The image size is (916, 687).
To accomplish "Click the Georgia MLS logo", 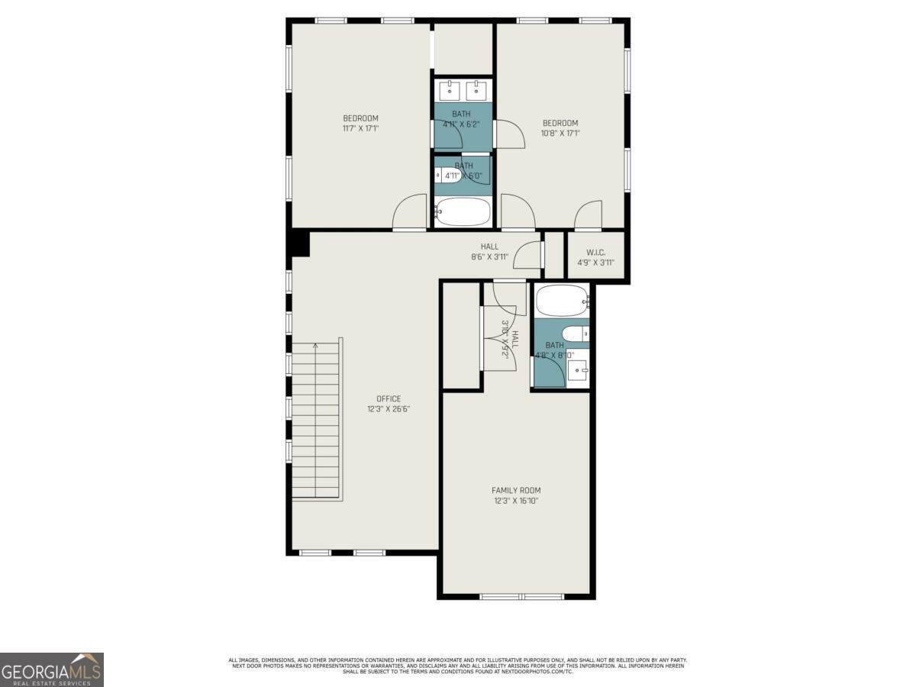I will tap(51, 669).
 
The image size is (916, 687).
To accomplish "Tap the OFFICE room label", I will tap(388, 398).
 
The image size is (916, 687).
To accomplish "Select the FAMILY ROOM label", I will tap(517, 490).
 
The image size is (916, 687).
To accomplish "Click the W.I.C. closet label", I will tap(596, 252).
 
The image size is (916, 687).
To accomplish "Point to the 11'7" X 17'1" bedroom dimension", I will tap(360, 128).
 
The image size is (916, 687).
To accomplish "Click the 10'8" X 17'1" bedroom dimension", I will tap(560, 133).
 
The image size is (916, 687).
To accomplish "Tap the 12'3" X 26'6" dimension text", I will tap(388, 409).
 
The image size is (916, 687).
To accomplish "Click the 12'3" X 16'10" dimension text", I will tap(517, 501).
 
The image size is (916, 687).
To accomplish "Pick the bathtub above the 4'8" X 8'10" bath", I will tap(561, 301).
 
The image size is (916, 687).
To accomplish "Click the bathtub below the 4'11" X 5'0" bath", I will tap(463, 212).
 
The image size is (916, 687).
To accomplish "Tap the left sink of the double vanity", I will tap(450, 89).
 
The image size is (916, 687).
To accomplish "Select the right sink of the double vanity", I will tap(477, 89).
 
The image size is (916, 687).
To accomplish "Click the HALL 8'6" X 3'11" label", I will tap(489, 251).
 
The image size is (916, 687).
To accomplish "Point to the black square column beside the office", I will tap(298, 244).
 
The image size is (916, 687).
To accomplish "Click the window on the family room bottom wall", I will tap(521, 595).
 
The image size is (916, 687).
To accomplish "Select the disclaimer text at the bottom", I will tap(458, 665).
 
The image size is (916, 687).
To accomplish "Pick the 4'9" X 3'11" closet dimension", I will tap(596, 262).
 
